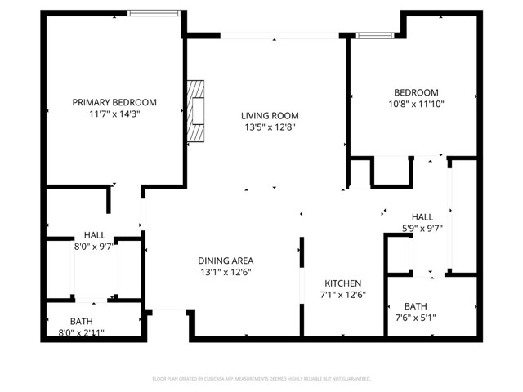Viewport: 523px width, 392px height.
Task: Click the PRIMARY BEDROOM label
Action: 114,102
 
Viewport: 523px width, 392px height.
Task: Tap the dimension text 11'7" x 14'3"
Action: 114,114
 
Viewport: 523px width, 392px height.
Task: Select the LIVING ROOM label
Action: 269,115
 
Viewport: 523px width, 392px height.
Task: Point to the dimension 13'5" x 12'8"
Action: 269,127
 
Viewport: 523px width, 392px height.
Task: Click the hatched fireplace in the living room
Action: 196,112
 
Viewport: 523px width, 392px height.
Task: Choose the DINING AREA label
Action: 223,260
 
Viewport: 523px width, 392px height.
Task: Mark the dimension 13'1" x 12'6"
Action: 223,272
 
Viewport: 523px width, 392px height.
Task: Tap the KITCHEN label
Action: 342,283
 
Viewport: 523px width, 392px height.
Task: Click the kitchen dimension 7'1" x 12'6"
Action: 342,295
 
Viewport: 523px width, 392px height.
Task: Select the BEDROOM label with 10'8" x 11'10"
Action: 416,92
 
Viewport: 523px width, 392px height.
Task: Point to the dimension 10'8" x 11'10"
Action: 416,105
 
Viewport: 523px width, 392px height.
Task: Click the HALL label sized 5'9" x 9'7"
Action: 422,216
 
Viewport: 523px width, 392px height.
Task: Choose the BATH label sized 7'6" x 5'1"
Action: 415,306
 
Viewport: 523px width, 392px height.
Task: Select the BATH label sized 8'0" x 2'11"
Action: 81,321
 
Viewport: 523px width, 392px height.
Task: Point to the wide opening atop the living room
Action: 281,35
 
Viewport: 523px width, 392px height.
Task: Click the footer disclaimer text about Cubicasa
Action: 261,379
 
